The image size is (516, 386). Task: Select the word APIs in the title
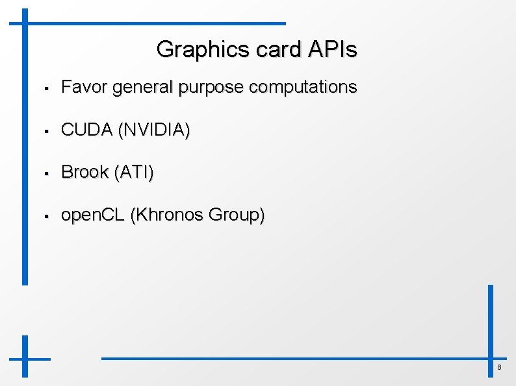tap(331, 49)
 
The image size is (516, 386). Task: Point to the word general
tap(144, 88)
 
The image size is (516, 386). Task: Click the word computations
tap(303, 88)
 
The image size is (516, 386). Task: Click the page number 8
tap(499, 368)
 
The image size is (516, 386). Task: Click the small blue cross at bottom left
tap(25, 357)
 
